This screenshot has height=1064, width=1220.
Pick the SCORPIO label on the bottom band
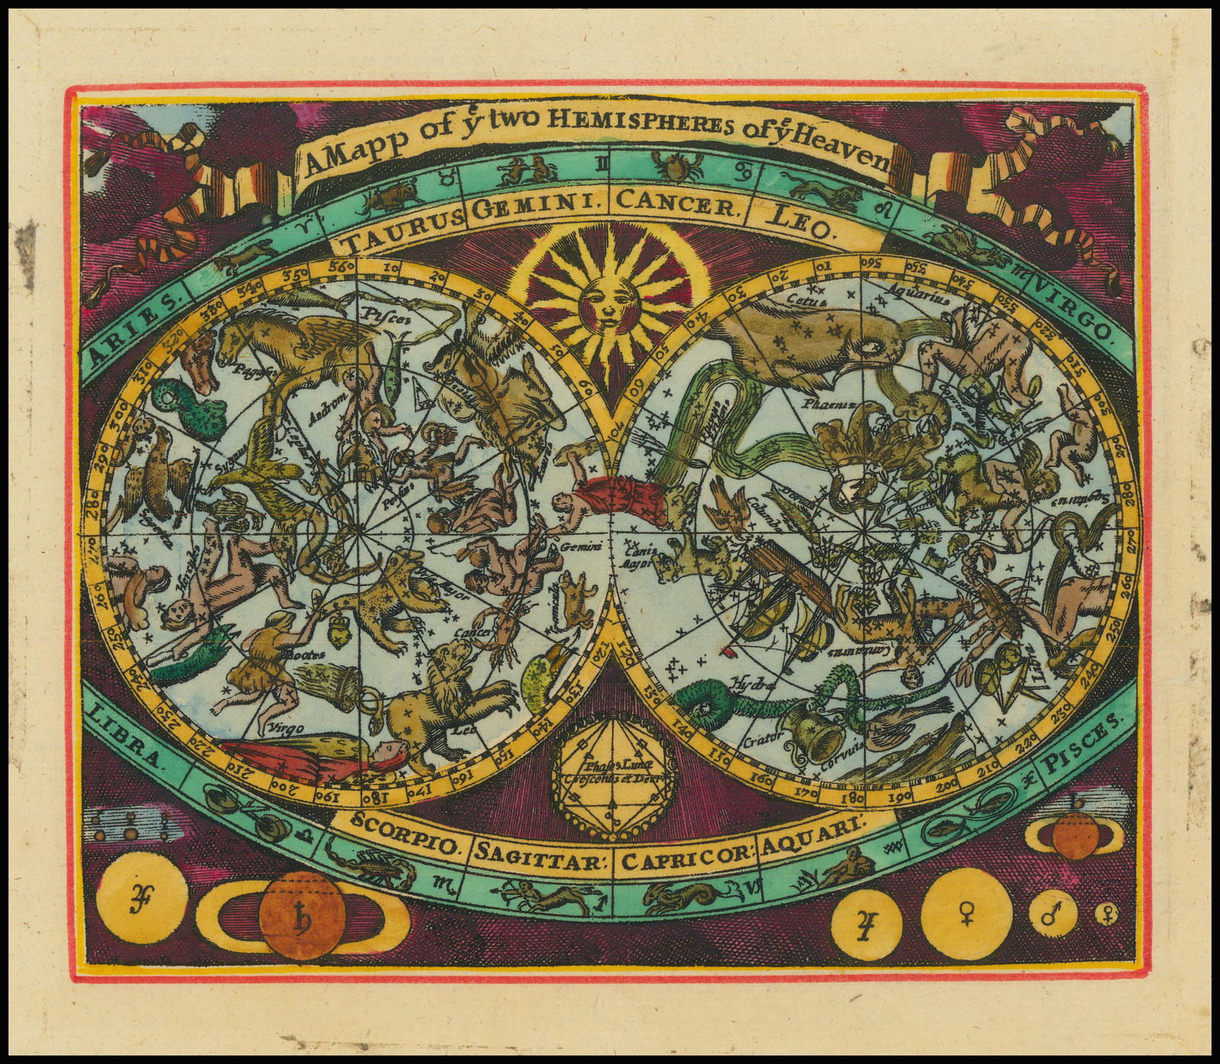tap(401, 837)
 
